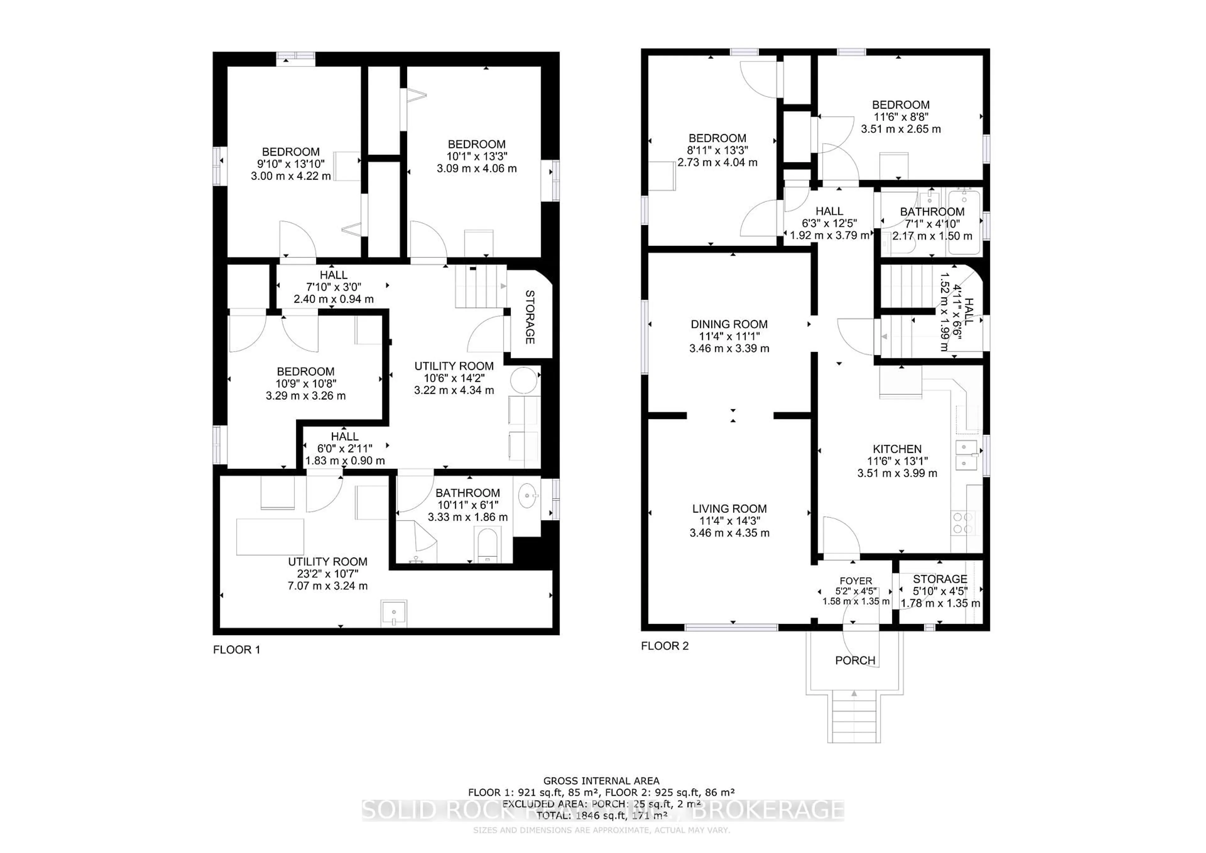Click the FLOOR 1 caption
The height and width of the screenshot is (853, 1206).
coord(236,650)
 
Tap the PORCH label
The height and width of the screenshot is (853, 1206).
coord(855,660)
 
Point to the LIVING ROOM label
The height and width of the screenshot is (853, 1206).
coord(729,508)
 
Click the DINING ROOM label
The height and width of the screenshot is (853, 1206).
coord(729,324)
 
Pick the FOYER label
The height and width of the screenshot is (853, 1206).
coord(856,581)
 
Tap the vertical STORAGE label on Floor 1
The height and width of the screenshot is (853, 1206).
coord(530,317)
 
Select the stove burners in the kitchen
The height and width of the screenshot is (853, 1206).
coord(962,523)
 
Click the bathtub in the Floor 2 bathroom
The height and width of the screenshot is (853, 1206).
coord(964,222)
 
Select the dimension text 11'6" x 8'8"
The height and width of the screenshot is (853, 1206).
coord(900,117)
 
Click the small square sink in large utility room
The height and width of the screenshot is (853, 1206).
coord(394,613)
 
